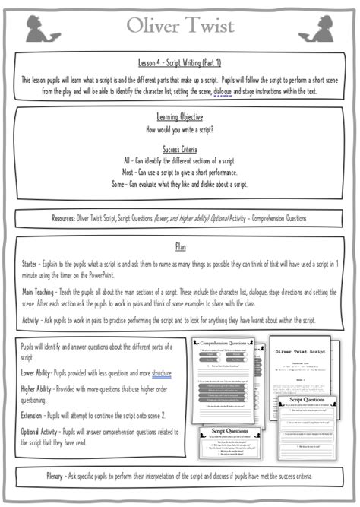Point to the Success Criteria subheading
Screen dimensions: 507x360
pos(180,150)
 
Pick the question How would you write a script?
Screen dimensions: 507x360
pos(180,128)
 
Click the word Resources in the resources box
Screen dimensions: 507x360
pos(48,218)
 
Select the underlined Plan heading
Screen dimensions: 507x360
pos(180,247)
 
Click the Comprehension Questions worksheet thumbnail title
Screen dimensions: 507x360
pos(226,344)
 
